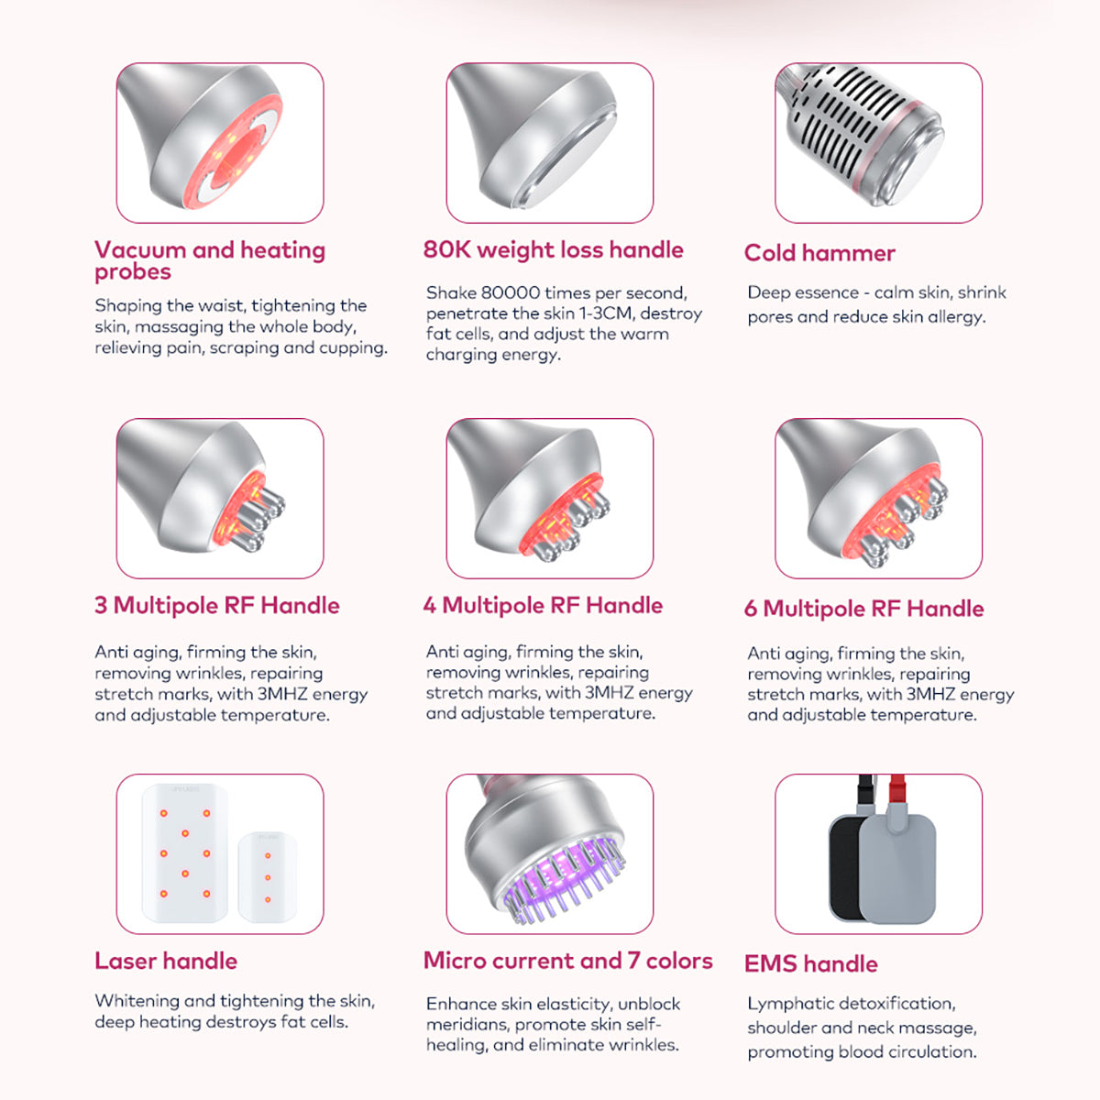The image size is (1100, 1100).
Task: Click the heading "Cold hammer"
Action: click(819, 253)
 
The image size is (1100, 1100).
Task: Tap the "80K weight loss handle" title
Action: click(553, 250)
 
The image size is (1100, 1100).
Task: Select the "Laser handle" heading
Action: click(166, 962)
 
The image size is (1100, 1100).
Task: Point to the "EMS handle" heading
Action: click(810, 964)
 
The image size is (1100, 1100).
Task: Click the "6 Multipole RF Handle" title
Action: click(863, 609)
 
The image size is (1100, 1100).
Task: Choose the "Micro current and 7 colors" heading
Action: click(568, 962)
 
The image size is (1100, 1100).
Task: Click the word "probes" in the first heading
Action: click(132, 272)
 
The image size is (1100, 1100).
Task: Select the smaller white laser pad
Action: click(268, 877)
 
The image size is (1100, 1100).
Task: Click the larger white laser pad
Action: click(185, 853)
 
